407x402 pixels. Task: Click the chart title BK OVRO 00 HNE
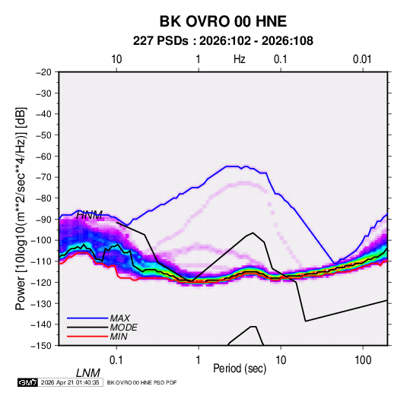(223, 21)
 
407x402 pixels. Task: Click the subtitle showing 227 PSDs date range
(223, 41)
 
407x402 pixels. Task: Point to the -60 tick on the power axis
(43, 156)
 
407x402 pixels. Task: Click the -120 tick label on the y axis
(41, 282)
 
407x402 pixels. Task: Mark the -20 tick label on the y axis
(43, 72)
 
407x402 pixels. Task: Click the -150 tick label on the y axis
(41, 346)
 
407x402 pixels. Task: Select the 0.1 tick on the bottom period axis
(116, 360)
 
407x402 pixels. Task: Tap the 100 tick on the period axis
(363, 360)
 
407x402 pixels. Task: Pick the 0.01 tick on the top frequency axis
(362, 59)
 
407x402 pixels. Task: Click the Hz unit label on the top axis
(240, 59)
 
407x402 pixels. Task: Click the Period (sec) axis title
(240, 369)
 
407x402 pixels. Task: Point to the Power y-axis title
(21, 208)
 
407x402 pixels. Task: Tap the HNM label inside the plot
(89, 215)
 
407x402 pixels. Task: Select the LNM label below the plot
(88, 373)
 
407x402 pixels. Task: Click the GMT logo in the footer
(28, 382)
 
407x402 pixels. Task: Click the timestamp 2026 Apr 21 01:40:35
(70, 382)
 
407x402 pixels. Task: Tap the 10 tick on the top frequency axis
(116, 59)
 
